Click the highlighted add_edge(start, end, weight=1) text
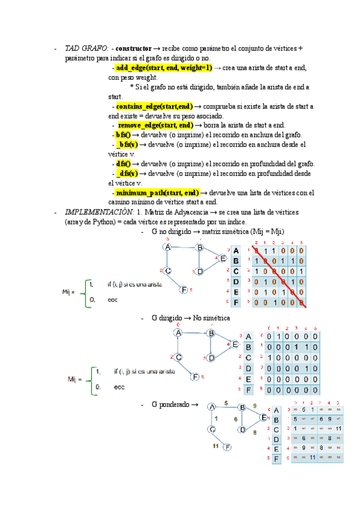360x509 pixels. [164, 68]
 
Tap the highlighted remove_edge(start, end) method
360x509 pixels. [155, 125]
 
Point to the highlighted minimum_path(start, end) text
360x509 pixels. [157, 193]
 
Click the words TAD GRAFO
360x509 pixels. [86, 48]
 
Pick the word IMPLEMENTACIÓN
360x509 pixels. [99, 212]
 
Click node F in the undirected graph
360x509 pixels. [184, 290]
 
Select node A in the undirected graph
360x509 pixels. [167, 247]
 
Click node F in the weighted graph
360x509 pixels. [227, 447]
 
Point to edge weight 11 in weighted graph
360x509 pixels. [215, 447]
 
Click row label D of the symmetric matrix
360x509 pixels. [236, 282]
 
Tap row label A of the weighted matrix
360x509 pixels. [276, 411]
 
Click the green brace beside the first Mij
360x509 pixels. [82, 292]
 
